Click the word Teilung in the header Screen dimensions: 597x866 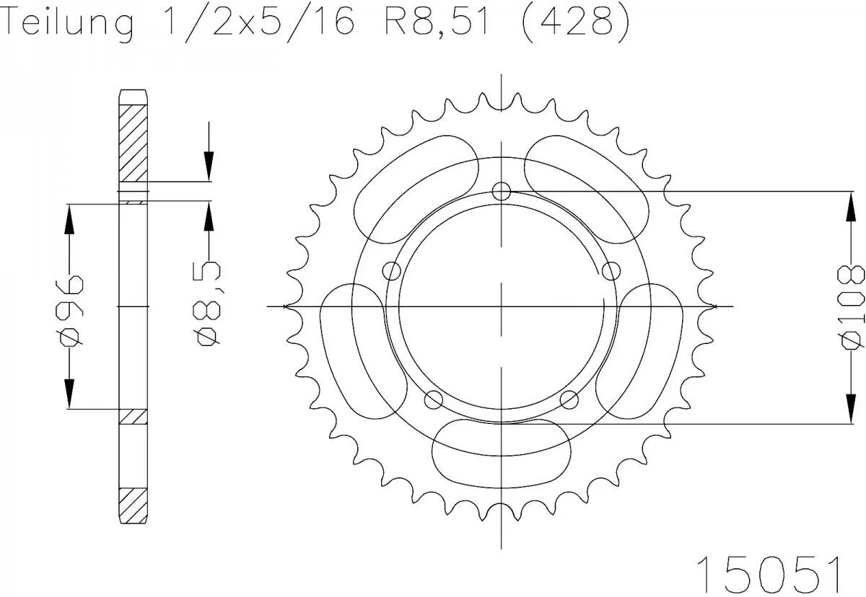(69, 23)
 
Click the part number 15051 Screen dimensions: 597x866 (768, 574)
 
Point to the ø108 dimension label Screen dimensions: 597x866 (853, 306)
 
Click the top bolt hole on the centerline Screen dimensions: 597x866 (502, 191)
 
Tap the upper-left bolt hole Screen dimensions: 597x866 (392, 271)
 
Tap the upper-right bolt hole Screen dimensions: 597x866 (611, 271)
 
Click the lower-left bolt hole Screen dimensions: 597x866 (434, 399)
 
